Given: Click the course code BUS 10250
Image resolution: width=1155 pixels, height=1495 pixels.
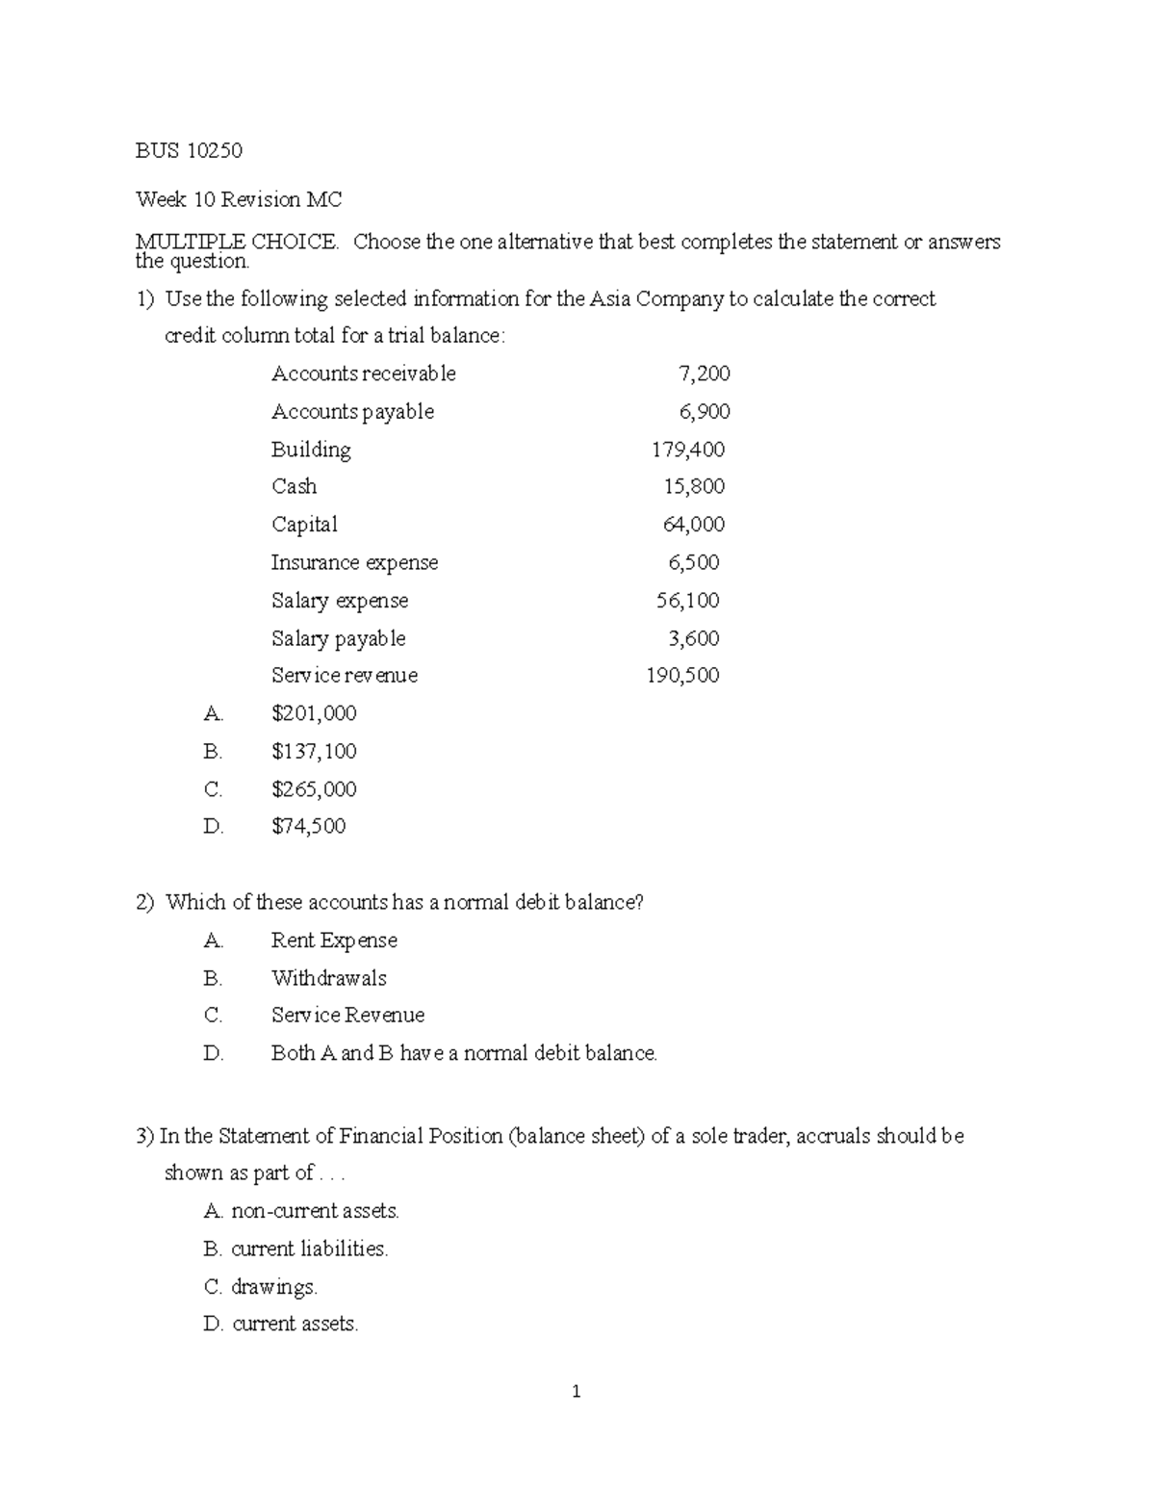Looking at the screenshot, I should pos(189,150).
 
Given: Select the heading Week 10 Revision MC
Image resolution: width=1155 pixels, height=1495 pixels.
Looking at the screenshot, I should pos(239,199).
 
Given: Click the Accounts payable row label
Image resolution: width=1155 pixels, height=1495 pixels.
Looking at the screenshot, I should pos(352,412).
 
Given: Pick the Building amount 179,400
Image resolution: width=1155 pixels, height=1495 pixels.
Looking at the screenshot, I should pos(687,450).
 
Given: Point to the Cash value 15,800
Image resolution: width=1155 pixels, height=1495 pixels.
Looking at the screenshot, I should pos(694,486).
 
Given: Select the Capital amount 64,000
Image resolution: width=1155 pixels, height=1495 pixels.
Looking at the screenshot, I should pos(693,525).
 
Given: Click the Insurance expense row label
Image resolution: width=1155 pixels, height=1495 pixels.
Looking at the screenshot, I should pos(354,562).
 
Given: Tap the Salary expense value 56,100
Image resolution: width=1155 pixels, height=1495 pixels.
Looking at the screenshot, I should pos(687,601).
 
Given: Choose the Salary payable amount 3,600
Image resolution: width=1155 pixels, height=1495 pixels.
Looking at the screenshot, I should pos(693,638).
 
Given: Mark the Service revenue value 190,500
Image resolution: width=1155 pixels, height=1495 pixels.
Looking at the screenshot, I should pos(682,676).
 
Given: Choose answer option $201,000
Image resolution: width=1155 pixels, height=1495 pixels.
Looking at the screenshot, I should pos(314,713).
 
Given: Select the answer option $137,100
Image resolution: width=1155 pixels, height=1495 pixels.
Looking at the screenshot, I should pos(314,751).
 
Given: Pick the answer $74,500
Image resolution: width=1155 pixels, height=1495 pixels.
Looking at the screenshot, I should pos(308,826).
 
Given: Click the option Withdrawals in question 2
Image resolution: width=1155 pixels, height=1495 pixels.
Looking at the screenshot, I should pos(328,978).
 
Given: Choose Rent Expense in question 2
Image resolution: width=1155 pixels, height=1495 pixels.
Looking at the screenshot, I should pos(334,941).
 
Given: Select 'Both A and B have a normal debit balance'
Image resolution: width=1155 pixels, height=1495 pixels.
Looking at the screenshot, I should pos(464,1053).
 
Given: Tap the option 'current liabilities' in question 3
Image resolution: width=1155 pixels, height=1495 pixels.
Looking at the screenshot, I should pos(309,1249).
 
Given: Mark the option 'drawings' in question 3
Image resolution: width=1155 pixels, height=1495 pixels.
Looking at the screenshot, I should pos(273,1287).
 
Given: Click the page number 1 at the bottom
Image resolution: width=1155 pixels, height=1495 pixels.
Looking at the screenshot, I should pos(576,1391).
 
